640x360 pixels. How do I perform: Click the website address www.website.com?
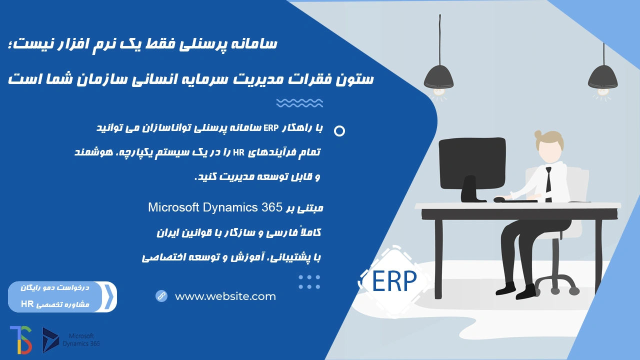click(225, 296)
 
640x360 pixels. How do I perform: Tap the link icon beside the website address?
click(161, 296)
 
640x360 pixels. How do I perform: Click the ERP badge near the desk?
click(394, 281)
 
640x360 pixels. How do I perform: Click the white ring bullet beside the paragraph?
click(339, 131)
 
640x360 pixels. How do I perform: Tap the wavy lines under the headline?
click(299, 103)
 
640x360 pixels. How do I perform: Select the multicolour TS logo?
click(21, 339)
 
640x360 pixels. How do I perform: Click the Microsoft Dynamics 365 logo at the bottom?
click(71, 340)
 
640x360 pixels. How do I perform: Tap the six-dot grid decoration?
click(309, 282)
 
